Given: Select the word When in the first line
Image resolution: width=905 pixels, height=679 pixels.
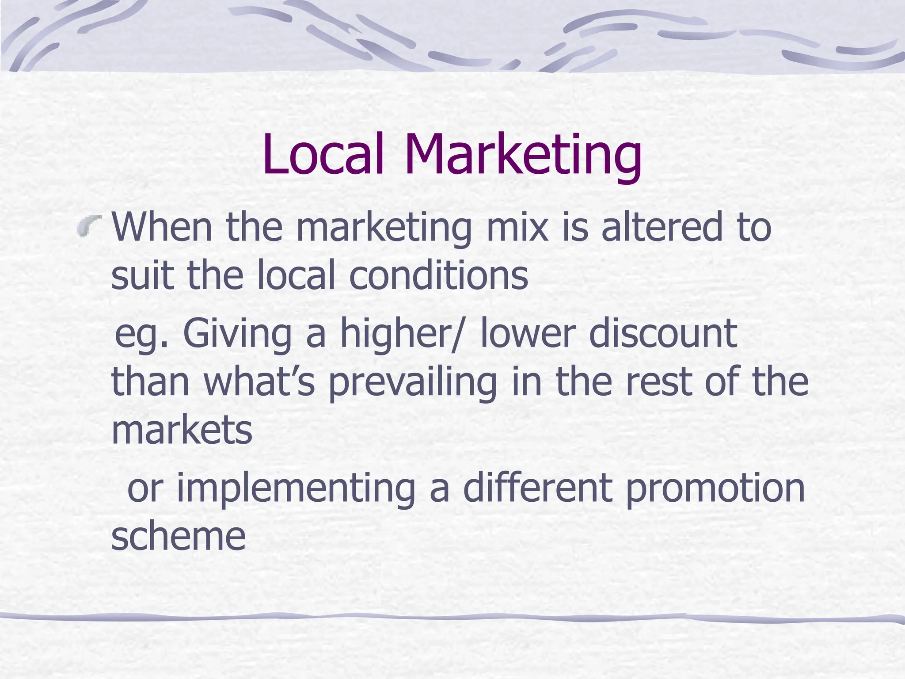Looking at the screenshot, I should [162, 227].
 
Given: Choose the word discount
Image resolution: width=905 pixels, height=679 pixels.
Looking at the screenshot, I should [663, 333].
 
